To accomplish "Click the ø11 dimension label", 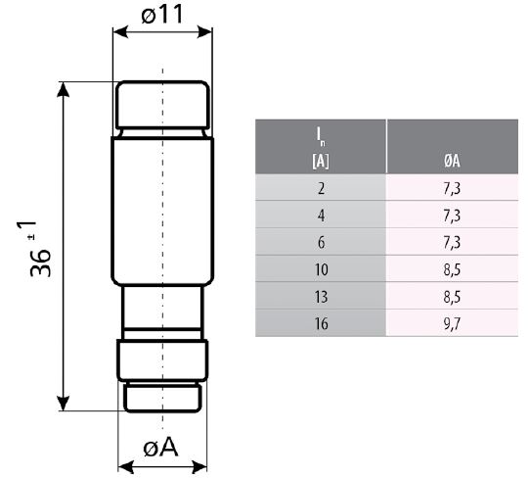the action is coord(162,15).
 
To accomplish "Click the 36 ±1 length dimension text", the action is coord(36,249).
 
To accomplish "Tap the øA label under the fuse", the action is coord(161,448).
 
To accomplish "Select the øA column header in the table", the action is coord(452,161).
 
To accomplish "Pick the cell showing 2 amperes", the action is coord(321,188).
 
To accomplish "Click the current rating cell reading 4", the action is coord(321,216).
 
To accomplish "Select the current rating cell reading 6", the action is coord(321,242).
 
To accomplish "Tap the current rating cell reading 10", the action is coord(321,269).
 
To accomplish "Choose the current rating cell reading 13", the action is coord(321,297).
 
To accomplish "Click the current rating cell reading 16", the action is coord(321,323).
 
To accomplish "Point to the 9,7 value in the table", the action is coord(452,324).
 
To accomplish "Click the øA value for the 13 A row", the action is coord(452,297).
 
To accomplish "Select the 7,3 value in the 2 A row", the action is coord(452,188).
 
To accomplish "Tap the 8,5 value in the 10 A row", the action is coord(452,269).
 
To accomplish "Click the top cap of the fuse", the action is coord(162,105).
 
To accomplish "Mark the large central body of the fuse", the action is coord(162,211).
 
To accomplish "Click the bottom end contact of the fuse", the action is coord(162,398).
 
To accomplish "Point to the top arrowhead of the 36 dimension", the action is coord(64,89).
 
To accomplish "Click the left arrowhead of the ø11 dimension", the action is coord(120,32).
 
